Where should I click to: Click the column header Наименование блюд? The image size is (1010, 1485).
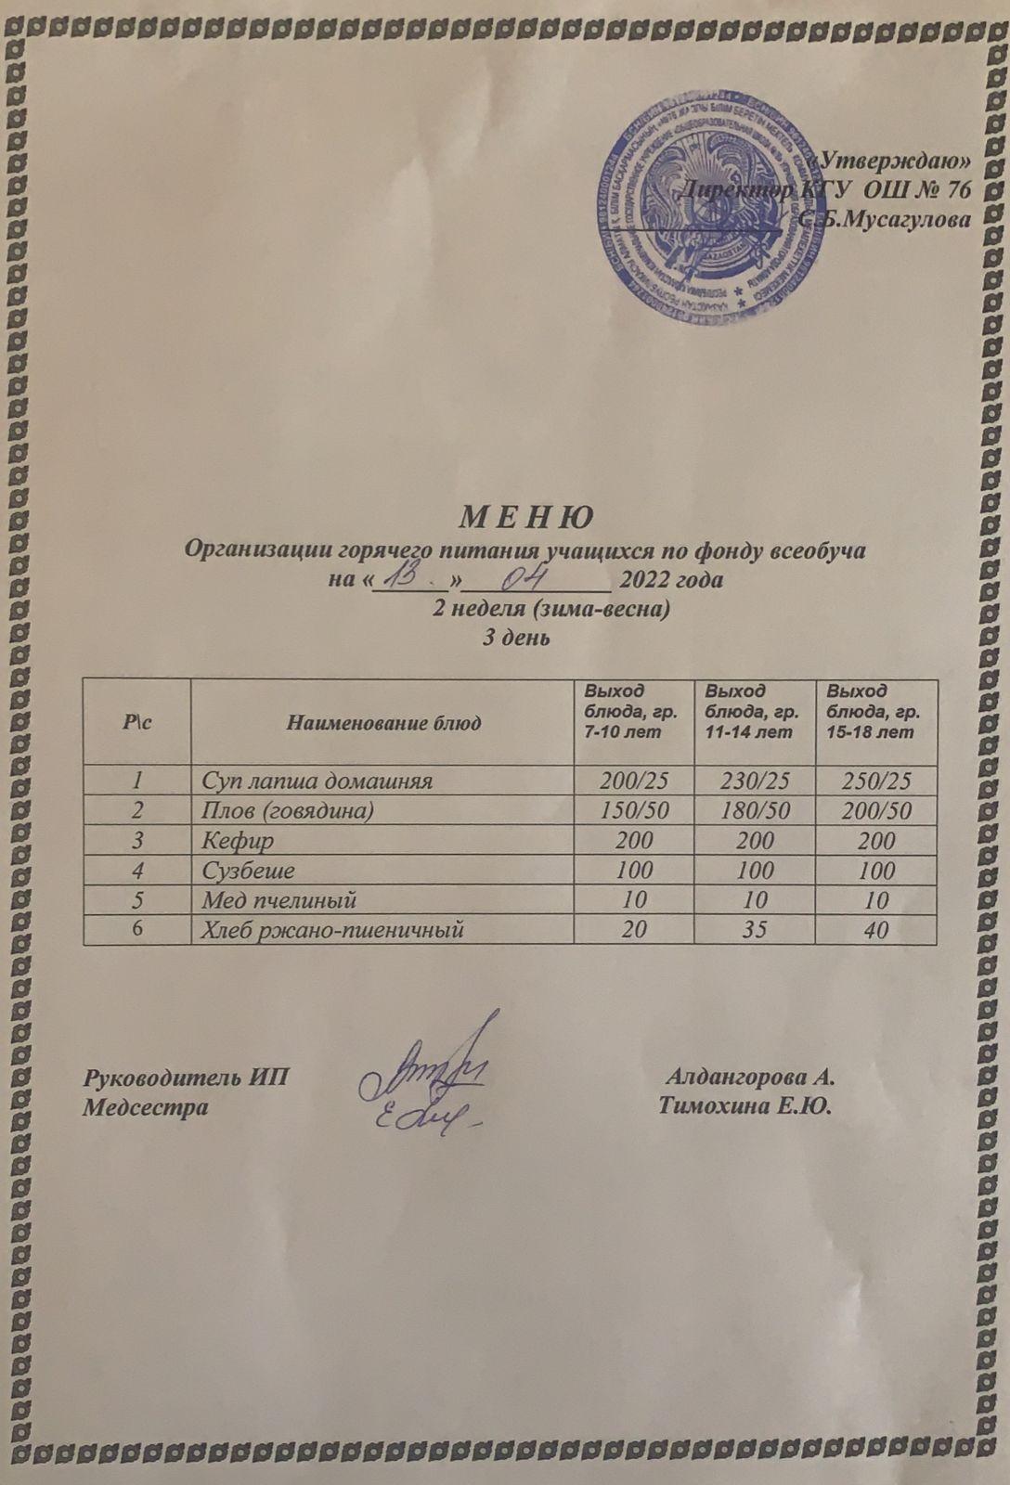pyautogui.click(x=382, y=722)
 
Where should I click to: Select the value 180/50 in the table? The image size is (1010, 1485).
pyautogui.click(x=753, y=810)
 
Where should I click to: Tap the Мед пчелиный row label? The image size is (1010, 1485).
pyautogui.click(x=279, y=900)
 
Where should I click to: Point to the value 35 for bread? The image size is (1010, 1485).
pyautogui.click(x=753, y=929)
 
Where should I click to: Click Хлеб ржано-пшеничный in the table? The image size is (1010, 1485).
pyautogui.click(x=332, y=929)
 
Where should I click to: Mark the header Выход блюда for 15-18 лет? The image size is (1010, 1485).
pyautogui.click(x=873, y=712)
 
